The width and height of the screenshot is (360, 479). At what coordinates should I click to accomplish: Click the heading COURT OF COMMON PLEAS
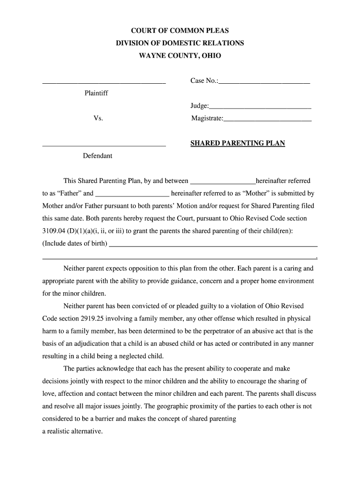[180, 31]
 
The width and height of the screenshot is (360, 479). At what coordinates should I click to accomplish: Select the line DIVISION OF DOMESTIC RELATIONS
[180, 43]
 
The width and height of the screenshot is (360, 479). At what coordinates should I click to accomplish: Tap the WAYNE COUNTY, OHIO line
[180, 56]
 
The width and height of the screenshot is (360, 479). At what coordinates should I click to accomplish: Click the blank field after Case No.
[264, 82]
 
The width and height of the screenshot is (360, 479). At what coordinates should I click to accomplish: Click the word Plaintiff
[96, 93]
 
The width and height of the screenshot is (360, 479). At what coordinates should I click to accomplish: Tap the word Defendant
[97, 156]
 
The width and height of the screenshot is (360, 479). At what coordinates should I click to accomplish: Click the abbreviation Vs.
[98, 118]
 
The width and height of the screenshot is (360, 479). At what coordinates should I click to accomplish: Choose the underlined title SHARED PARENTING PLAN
[238, 143]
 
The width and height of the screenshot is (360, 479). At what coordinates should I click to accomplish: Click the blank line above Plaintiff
[104, 82]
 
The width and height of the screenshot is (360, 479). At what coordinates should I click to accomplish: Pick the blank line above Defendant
[104, 145]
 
